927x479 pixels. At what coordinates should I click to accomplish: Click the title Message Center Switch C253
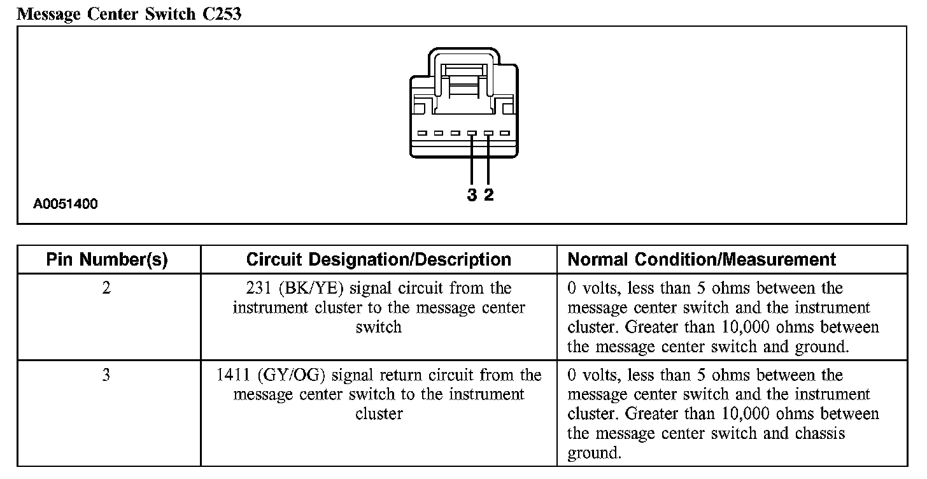129,13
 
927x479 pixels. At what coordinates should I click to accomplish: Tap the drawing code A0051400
66,204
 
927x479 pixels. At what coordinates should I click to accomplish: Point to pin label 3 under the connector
472,195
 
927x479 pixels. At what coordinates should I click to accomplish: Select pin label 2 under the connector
488,195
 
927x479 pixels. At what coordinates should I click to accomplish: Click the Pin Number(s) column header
107,260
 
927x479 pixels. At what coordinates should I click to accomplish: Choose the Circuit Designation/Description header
378,260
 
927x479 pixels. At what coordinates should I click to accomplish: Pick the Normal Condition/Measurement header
701,260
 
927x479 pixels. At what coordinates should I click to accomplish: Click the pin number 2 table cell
106,289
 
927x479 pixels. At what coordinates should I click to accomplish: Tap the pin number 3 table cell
106,375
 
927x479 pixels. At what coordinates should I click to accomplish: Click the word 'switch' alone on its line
378,328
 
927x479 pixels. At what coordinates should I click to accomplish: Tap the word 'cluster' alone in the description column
378,415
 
